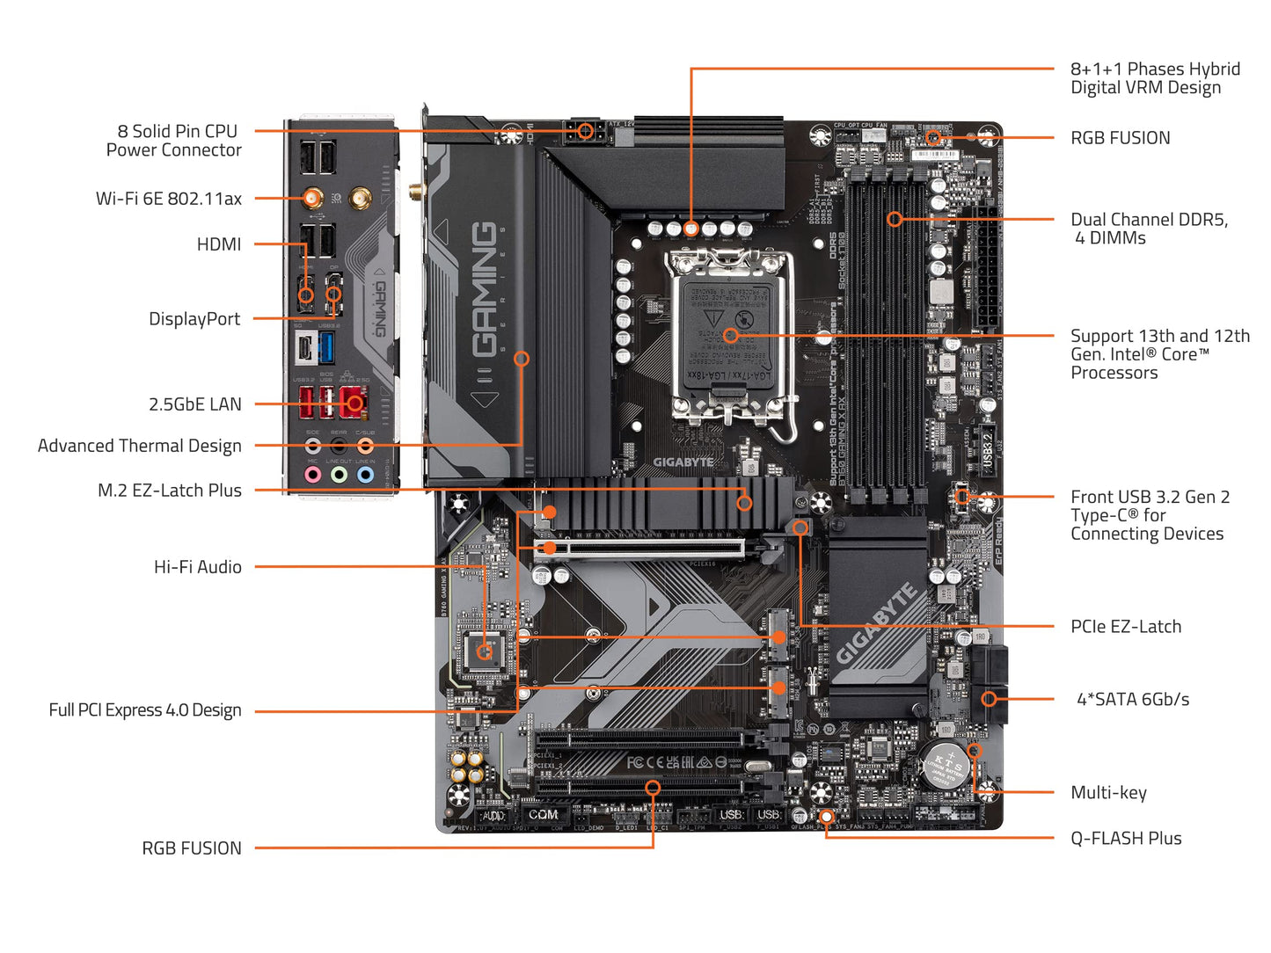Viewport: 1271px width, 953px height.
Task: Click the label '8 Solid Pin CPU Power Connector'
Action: coord(173,141)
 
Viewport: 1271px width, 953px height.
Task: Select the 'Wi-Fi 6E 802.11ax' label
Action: coord(168,199)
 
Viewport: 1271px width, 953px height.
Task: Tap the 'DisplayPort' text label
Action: coord(194,319)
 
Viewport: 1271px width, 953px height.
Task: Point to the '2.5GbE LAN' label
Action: coord(194,404)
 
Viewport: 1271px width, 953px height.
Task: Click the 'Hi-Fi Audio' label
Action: coord(197,567)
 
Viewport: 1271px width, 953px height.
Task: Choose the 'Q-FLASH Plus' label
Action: coord(1125,839)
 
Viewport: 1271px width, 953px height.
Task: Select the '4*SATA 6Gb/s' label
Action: coord(1133,700)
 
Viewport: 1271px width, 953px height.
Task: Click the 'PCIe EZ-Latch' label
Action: coord(1125,627)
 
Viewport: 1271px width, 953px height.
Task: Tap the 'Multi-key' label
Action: coord(1108,793)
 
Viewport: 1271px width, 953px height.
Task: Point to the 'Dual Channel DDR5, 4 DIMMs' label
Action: coord(1148,229)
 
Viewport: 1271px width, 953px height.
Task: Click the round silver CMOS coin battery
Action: coord(946,765)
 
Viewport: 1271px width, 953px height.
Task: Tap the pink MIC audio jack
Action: coord(312,475)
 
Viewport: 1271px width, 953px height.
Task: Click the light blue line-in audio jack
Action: coord(365,475)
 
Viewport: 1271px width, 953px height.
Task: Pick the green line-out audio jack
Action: coord(339,475)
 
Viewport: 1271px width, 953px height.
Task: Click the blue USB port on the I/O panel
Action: coord(326,348)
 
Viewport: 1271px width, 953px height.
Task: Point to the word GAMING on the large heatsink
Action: coord(485,290)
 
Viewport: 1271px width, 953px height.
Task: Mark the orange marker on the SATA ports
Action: coord(989,699)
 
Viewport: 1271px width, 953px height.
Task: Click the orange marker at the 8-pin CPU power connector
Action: coord(585,132)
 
